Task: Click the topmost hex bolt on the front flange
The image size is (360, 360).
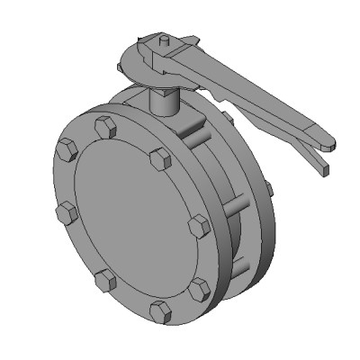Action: (x=103, y=126)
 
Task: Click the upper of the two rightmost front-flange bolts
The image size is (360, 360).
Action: (x=196, y=222)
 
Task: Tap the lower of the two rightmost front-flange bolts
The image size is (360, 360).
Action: (x=199, y=289)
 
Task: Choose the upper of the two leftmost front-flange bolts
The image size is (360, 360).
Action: (x=64, y=151)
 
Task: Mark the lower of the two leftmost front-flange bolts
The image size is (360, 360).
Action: (x=66, y=214)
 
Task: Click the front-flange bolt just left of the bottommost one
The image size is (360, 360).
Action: (x=103, y=280)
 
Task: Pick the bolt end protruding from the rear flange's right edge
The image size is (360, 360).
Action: (x=267, y=187)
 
